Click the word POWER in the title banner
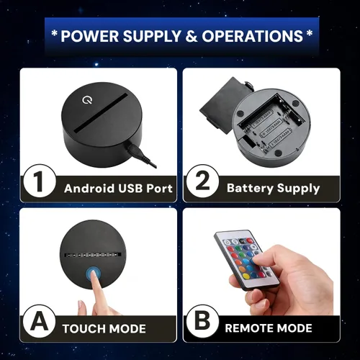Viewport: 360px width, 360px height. click(89, 36)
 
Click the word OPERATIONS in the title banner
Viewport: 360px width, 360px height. click(252, 36)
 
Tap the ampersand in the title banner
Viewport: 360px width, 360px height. click(191, 36)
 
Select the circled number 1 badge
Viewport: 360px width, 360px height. click(40, 181)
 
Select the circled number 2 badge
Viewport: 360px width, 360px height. click(203, 181)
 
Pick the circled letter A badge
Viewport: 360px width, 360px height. click(40, 322)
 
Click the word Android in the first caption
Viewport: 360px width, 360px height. click(89, 189)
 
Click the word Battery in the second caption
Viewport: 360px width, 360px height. click(250, 188)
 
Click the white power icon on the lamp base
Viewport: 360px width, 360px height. click(86, 100)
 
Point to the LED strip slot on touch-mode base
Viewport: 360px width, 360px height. click(91, 254)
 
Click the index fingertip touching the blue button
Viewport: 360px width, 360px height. click(94, 276)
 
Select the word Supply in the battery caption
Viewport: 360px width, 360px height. click(298, 189)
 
